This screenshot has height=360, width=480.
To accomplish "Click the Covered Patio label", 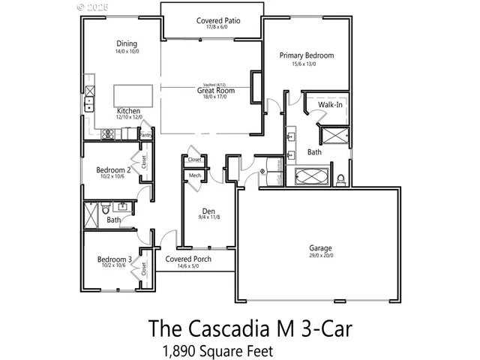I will pos(217,21).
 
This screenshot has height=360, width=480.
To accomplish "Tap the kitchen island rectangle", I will pos(133,96).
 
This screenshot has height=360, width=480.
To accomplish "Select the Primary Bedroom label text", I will pos(306,55).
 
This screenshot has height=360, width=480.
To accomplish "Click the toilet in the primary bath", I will pos(340,178).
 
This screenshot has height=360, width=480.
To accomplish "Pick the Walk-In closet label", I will pos(330,104).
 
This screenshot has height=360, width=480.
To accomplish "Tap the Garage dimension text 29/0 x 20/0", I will pos(320,256).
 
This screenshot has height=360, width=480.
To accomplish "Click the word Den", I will pos(209,211).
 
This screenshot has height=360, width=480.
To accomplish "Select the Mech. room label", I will pos(194,175).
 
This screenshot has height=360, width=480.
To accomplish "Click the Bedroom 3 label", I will pos(115,260).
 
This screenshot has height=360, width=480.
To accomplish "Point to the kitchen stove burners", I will pos(107,135).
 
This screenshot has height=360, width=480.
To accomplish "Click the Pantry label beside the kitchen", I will pos(145,135).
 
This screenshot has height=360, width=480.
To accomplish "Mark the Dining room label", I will pos(125,43).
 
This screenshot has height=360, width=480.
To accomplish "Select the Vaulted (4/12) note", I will pos(216,85).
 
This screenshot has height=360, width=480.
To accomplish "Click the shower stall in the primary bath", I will pos(331,136).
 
